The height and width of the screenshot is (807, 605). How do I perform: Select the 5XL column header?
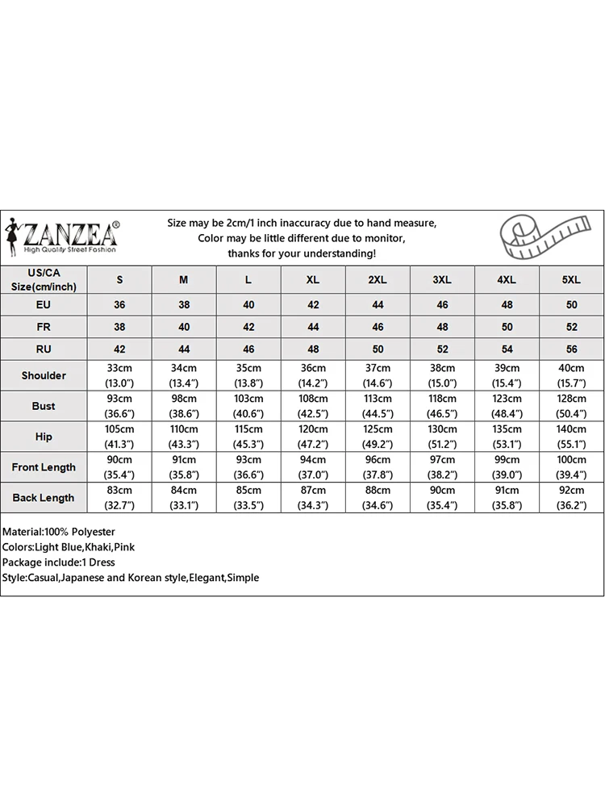[x=570, y=280]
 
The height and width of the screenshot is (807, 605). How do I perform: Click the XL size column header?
[x=313, y=280]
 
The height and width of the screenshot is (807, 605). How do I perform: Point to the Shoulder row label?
[x=44, y=375]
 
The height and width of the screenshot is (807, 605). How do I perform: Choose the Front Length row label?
[x=44, y=467]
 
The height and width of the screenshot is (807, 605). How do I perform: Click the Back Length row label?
[x=44, y=498]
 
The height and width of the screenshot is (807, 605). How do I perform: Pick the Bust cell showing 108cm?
[x=313, y=406]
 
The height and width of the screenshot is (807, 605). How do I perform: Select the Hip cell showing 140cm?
[x=570, y=437]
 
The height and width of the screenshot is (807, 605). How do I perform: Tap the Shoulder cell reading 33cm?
[x=120, y=375]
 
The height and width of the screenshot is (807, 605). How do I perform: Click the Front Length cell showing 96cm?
[x=378, y=467]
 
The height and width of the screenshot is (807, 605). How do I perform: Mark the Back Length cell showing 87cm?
[x=313, y=498]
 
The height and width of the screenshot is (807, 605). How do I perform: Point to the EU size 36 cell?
[x=120, y=306]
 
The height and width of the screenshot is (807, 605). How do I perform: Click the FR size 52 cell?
[x=570, y=328]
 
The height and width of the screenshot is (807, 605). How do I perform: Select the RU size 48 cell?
[x=313, y=349]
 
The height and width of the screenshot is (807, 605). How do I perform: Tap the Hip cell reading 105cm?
[x=120, y=437]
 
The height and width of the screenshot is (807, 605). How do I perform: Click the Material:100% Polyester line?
[x=59, y=532]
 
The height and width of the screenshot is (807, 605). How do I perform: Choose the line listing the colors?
[x=69, y=547]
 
